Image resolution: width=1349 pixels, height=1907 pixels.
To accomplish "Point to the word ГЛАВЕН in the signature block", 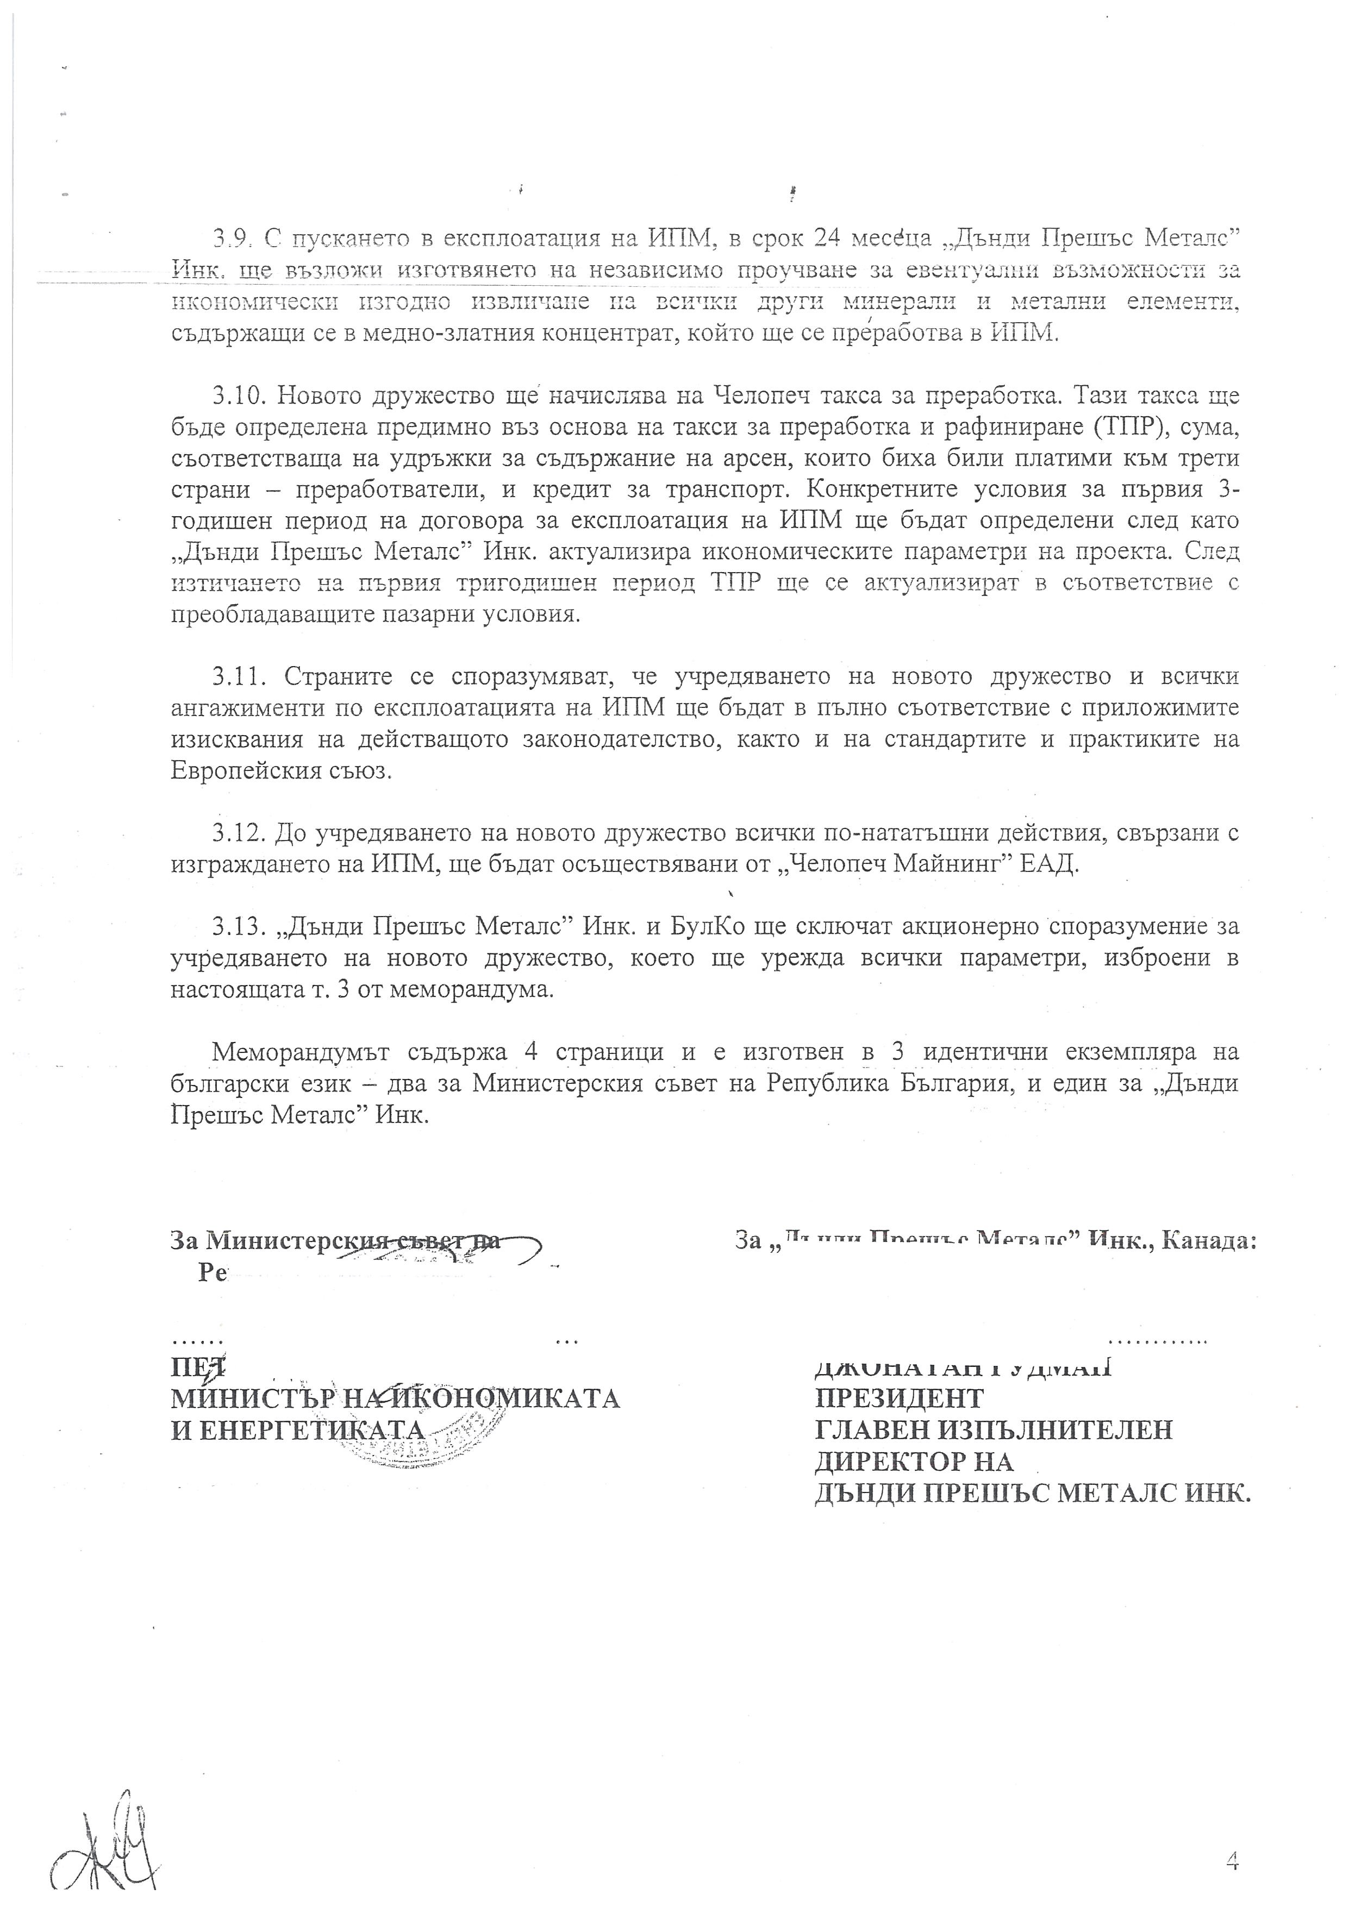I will coord(870,1429).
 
